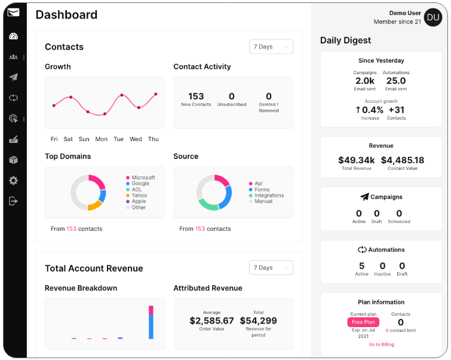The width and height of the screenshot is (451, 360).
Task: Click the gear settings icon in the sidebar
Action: [x=13, y=181]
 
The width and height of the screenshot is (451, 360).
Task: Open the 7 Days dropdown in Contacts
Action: [x=271, y=47]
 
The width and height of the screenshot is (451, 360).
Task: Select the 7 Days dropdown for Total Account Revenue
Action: [x=271, y=268]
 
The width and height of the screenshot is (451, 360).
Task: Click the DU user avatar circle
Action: [x=433, y=17]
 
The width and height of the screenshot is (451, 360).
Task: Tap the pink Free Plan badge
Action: [x=363, y=322]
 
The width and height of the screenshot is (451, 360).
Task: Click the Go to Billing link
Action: [x=381, y=344]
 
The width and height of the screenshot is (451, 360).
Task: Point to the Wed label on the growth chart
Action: [x=136, y=139]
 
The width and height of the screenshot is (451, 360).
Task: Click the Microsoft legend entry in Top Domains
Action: [x=143, y=178]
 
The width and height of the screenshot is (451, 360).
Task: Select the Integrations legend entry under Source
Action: [x=269, y=196]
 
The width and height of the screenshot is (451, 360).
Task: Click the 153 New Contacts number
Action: [x=196, y=96]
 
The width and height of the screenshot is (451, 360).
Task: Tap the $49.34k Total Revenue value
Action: [x=356, y=160]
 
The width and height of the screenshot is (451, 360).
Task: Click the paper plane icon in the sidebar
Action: [x=13, y=77]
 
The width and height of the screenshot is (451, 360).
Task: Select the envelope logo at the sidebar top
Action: [x=13, y=13]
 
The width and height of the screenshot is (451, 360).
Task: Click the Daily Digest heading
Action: [x=345, y=41]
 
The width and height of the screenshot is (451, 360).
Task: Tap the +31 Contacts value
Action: [x=397, y=109]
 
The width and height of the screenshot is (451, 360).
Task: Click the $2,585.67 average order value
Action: [x=211, y=321]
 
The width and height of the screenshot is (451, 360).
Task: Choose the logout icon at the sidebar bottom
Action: [x=13, y=201]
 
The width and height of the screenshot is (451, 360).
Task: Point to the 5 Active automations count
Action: [x=361, y=266]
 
